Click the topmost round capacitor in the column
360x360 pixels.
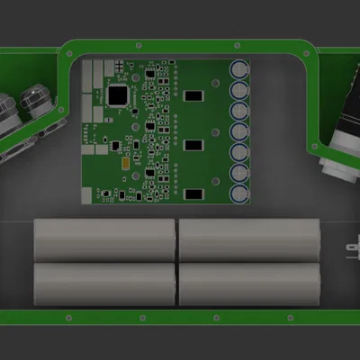(x=240, y=68)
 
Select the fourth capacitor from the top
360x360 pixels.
(x=240, y=130)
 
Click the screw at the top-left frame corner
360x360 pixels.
(x=70, y=51)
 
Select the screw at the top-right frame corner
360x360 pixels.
(x=309, y=51)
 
